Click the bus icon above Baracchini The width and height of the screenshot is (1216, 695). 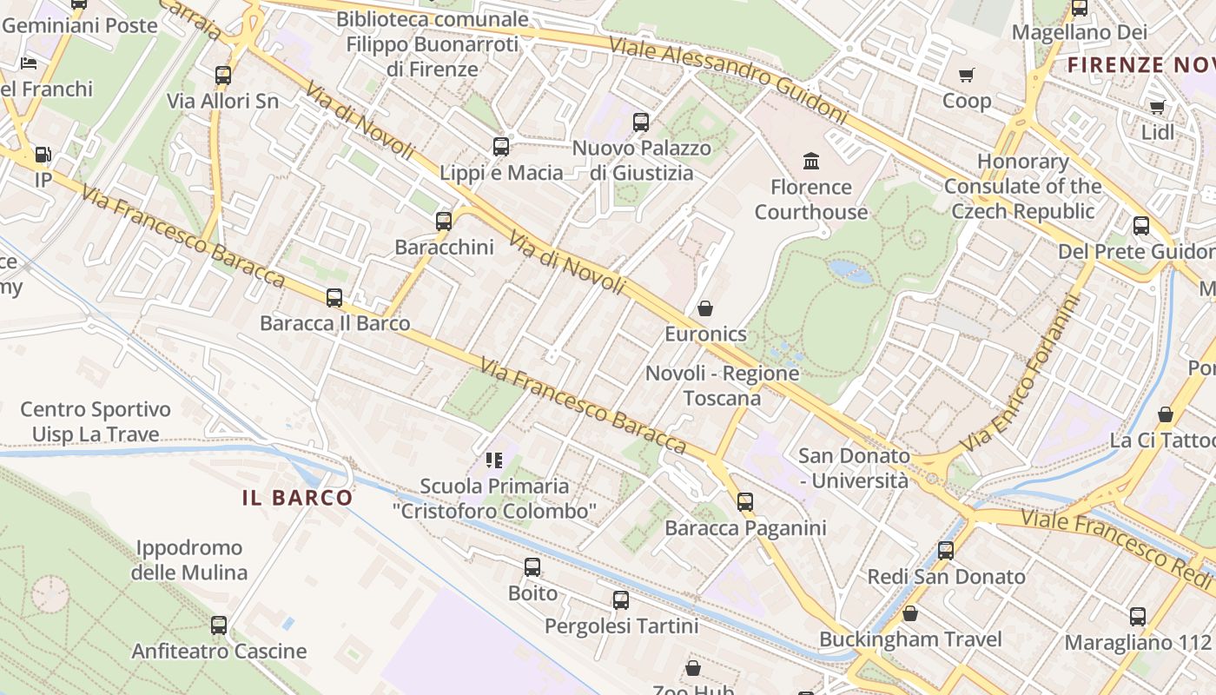pos(444,222)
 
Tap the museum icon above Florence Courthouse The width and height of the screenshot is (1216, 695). pos(811,161)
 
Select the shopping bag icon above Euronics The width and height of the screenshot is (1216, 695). pos(705,308)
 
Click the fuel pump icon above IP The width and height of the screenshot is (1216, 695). pos(43,156)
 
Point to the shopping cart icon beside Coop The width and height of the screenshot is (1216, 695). pos(966,76)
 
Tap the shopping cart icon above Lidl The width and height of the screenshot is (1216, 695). pos(1157,107)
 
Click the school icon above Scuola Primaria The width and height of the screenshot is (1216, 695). pos(494,460)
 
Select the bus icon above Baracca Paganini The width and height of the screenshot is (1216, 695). pos(745,502)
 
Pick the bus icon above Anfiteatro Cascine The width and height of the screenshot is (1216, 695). pos(219,625)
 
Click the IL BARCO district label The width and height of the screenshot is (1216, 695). pos(297,498)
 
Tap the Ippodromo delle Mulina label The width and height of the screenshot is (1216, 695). pos(189,560)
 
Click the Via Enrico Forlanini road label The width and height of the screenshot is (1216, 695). pos(1026,374)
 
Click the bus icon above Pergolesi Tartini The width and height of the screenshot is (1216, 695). pos(621,600)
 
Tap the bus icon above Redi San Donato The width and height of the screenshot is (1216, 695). pos(946,551)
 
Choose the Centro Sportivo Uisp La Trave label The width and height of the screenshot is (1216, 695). pos(96,421)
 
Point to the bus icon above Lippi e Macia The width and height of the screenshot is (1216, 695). pos(501,147)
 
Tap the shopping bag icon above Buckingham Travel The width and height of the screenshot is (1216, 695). pos(910,614)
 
